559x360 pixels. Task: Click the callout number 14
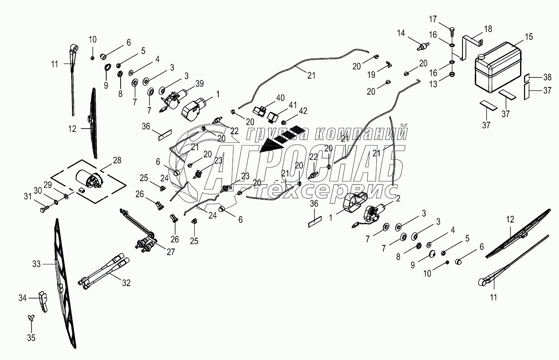401,33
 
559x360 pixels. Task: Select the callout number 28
117,160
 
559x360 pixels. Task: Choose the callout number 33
36,264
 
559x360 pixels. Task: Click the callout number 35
31,338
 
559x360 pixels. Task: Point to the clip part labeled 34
43,300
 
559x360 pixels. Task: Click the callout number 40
281,98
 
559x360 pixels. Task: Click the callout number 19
371,75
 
